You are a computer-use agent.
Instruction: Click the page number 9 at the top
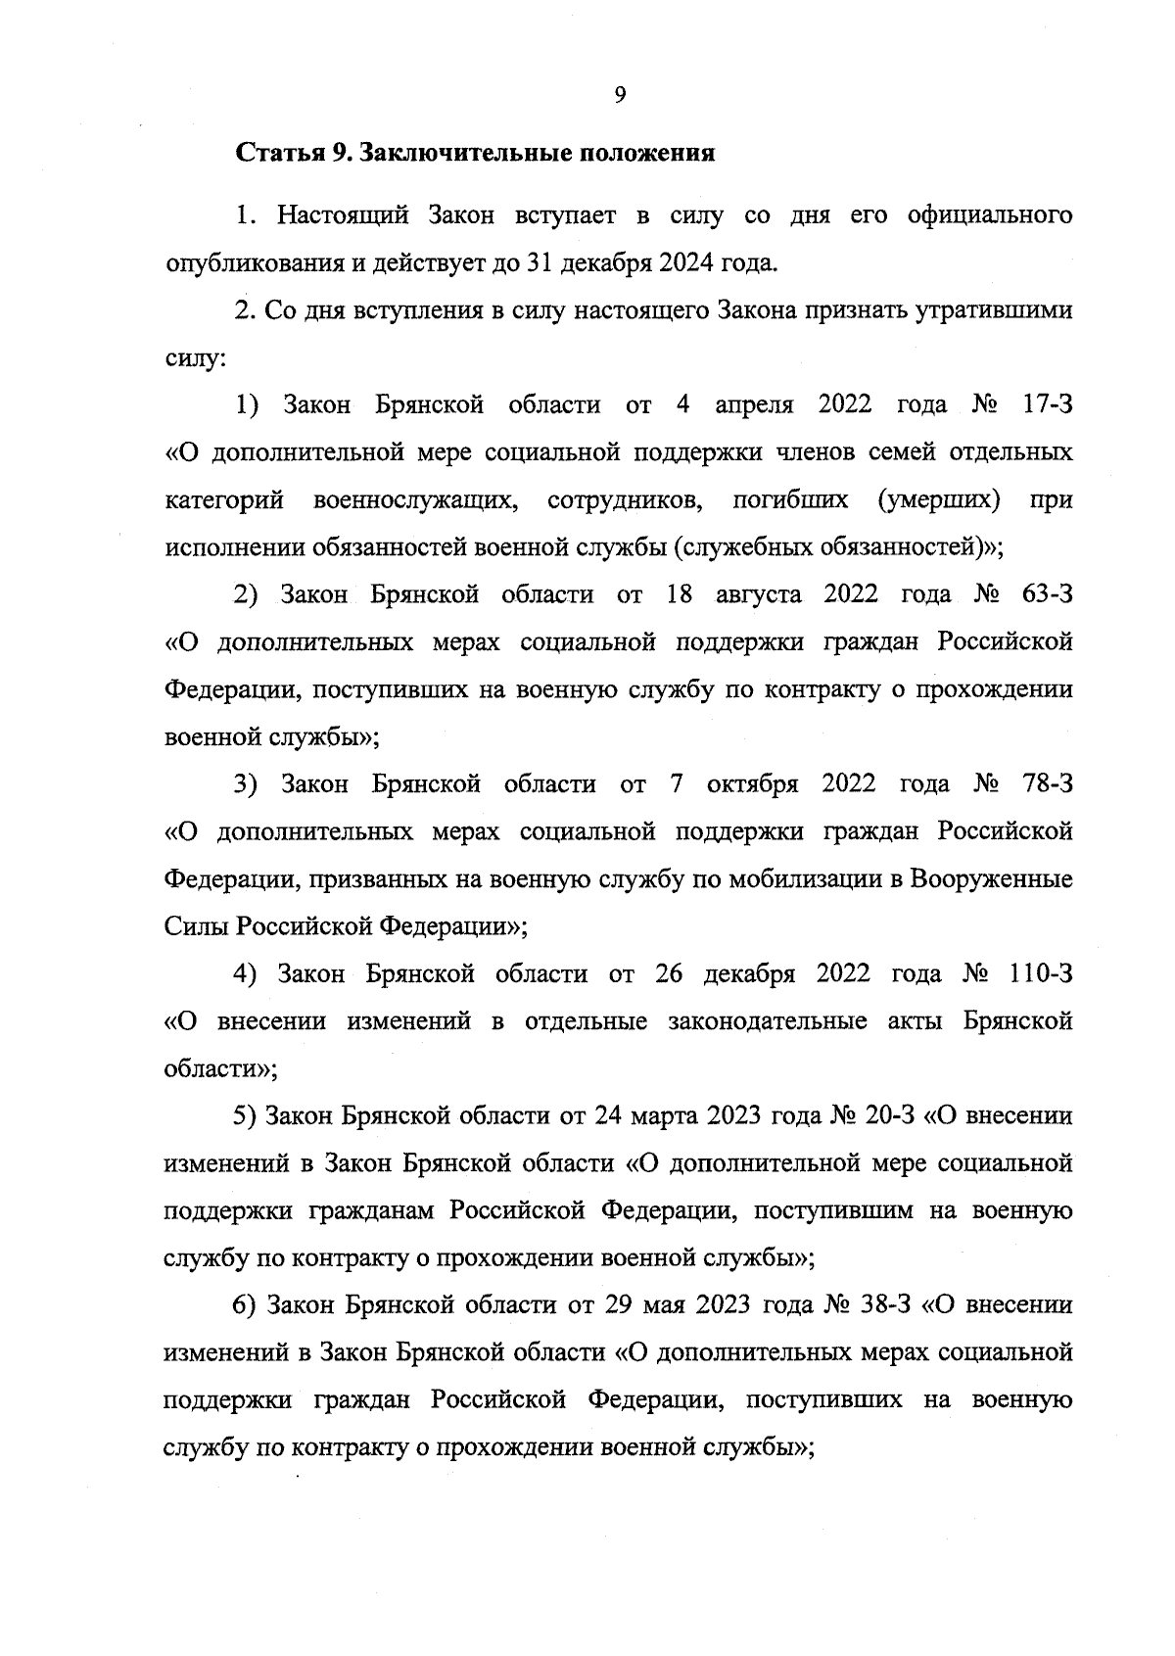619,94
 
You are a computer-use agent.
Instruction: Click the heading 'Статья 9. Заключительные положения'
475,154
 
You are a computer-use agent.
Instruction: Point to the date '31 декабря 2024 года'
679,263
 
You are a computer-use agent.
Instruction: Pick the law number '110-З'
1040,974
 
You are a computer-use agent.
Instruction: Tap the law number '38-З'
884,1306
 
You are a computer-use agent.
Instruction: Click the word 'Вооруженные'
991,879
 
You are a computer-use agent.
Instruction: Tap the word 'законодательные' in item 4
767,1022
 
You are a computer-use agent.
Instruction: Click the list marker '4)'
245,974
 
